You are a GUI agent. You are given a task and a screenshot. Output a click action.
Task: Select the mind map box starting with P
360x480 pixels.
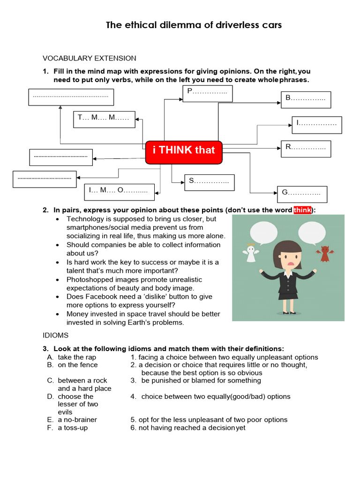tap(207, 94)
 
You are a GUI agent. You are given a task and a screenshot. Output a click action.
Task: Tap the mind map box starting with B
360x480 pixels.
tap(306, 99)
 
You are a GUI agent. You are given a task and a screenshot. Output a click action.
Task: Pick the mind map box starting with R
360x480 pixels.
tap(306, 148)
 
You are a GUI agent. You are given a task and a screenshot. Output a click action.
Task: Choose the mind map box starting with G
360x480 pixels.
tap(301, 194)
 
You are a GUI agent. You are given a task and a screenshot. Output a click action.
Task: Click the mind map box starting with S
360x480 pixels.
tap(209, 182)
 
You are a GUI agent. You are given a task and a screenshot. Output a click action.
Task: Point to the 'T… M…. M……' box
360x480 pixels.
tap(104, 119)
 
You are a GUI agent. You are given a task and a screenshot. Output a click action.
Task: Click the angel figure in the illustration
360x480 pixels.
tap(251, 255)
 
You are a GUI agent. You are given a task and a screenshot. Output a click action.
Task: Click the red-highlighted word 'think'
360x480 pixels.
tap(303, 210)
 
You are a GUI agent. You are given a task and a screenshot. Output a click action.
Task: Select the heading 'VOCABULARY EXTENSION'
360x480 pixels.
tap(90, 58)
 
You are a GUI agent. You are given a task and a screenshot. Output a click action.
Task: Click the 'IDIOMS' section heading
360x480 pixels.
tap(56, 335)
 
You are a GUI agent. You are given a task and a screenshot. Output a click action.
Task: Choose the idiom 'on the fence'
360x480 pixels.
tap(78, 365)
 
